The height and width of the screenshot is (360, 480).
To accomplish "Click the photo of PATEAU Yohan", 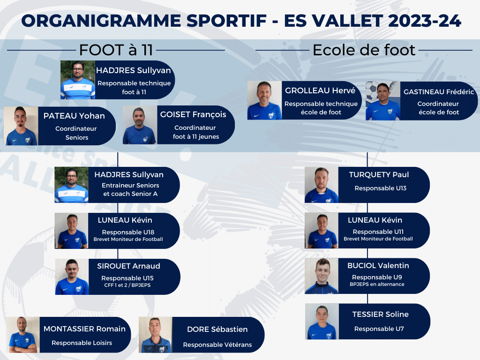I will pyautogui.click(x=21, y=126).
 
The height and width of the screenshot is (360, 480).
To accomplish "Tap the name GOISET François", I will pyautogui.click(x=193, y=114).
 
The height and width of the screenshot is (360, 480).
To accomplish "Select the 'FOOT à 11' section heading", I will pyautogui.click(x=116, y=50).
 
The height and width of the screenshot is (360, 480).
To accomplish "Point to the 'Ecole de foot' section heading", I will pyautogui.click(x=364, y=50).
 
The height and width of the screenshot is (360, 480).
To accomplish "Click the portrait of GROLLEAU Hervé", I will pyautogui.click(x=264, y=100).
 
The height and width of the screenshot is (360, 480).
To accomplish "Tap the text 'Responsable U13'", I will pyautogui.click(x=380, y=188).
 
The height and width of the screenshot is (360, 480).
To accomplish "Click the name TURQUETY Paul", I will pyautogui.click(x=379, y=175).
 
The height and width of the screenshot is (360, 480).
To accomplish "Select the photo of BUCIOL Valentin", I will pyautogui.click(x=322, y=276).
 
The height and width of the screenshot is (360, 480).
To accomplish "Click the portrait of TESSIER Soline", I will pyautogui.click(x=322, y=322).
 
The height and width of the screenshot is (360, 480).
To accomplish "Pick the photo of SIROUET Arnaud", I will pyautogui.click(x=72, y=277).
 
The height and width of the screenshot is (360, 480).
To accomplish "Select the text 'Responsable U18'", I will pyautogui.click(x=128, y=232).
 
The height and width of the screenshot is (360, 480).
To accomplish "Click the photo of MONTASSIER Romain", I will pyautogui.click(x=23, y=335).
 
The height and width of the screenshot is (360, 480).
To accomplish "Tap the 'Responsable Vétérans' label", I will pyautogui.click(x=217, y=345).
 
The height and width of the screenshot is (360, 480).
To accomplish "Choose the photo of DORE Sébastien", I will pyautogui.click(x=156, y=335).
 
